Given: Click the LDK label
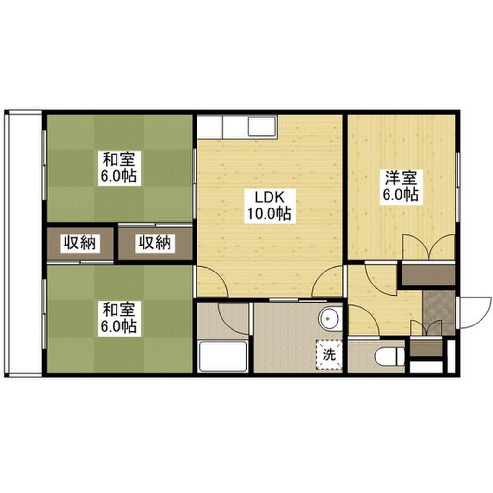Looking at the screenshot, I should pos(269,197).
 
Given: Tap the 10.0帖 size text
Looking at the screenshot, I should pos(269,213).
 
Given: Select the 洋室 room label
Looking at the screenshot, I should pos(400,178).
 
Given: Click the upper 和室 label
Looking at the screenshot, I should pos(119,159).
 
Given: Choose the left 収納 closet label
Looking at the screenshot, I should pos(79,244).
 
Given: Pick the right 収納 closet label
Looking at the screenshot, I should pos(155,244).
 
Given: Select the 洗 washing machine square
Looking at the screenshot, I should pos(329,355).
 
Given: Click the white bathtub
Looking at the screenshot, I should pos(223,356).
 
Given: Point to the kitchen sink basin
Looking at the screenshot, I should pos(261,127).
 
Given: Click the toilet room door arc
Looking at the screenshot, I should pos(364,320).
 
